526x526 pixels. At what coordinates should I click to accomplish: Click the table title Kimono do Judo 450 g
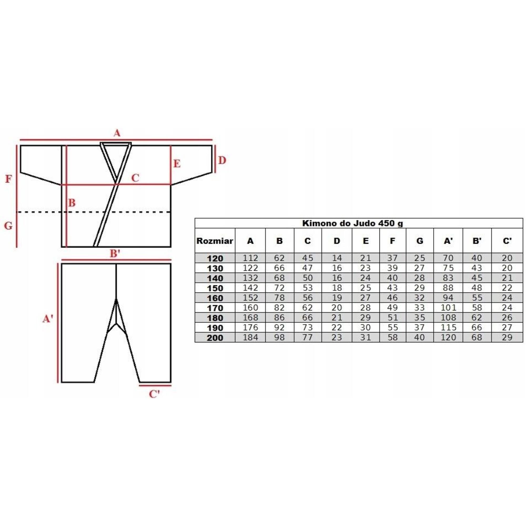coord(353,224)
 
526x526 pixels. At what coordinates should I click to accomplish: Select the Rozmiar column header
coord(215,241)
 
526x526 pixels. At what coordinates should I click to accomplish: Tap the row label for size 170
coord(215,308)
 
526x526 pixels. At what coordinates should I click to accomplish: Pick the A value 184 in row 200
coord(250,338)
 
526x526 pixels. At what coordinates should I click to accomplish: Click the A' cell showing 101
coord(448,308)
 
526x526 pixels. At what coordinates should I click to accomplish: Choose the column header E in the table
coord(366,241)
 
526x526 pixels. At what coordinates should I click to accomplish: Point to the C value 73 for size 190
coord(308,327)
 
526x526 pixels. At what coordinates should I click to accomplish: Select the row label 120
coord(215,258)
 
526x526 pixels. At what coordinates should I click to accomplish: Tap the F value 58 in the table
coord(392,338)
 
